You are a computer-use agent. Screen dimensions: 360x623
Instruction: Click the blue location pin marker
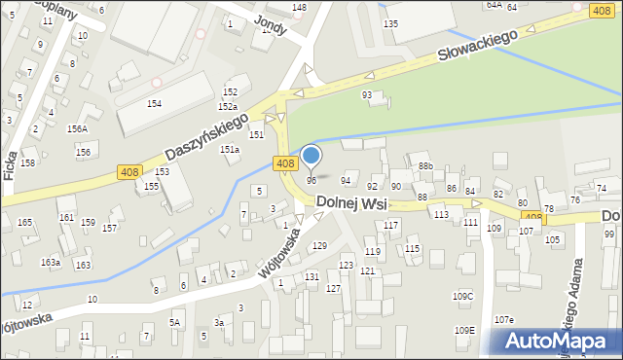point(311,156)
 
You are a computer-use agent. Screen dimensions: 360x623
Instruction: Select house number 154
point(154,103)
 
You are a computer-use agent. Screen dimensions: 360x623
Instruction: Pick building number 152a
point(228,107)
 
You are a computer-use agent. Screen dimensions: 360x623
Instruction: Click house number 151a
point(230,149)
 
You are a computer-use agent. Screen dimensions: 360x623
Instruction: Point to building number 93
point(367,94)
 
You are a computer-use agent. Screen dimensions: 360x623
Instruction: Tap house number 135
point(390,22)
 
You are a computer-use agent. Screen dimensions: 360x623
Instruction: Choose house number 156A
point(77,128)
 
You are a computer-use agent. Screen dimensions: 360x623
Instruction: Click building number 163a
point(50,263)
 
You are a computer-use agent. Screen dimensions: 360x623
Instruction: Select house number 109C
point(463,296)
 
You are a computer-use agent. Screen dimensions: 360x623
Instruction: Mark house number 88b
point(425,166)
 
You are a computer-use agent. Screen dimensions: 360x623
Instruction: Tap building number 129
point(319,245)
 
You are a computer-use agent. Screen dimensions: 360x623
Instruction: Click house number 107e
point(503,319)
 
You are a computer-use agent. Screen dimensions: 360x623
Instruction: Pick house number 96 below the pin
point(311,180)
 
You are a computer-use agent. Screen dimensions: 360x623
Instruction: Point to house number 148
point(299,8)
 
